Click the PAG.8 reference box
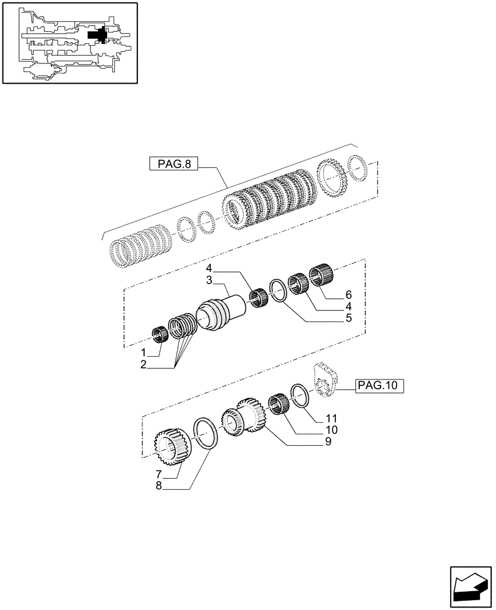(x=174, y=164)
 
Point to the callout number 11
(x=331, y=419)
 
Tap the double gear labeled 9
(x=244, y=417)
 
